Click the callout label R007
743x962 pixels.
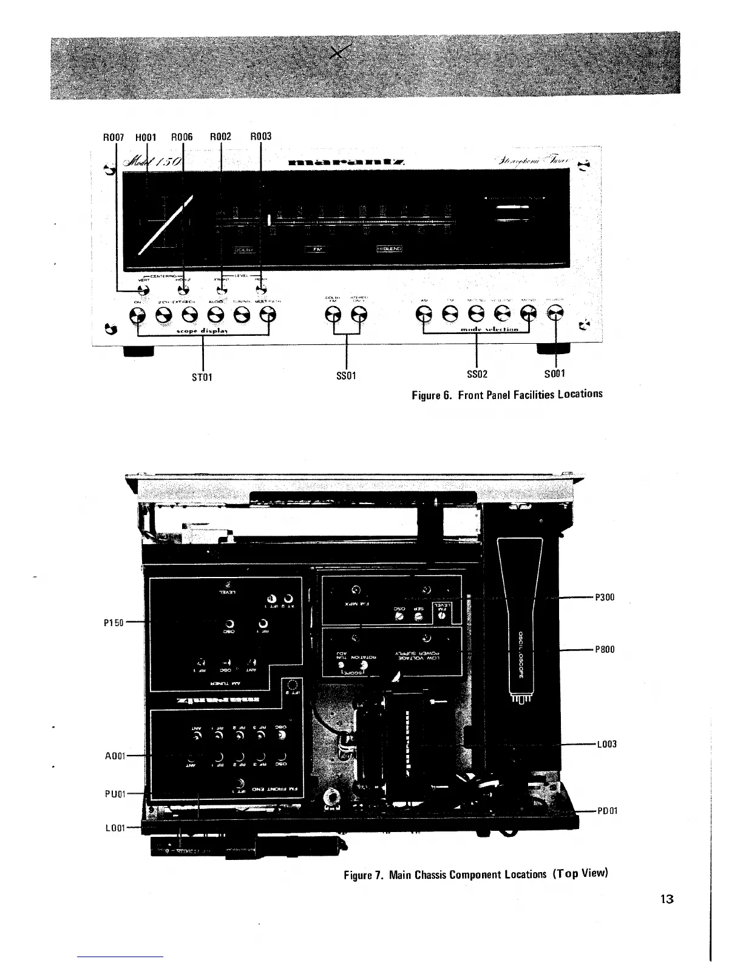coord(115,137)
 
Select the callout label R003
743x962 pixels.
coord(261,137)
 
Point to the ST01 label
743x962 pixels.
coord(202,377)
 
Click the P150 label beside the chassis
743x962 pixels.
coord(114,623)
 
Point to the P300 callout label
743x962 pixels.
coord(605,597)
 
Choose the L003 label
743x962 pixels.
coord(606,744)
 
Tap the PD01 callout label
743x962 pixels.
coord(607,811)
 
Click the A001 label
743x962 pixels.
coord(114,756)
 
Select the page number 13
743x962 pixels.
coord(668,899)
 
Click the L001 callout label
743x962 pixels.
coord(114,827)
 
